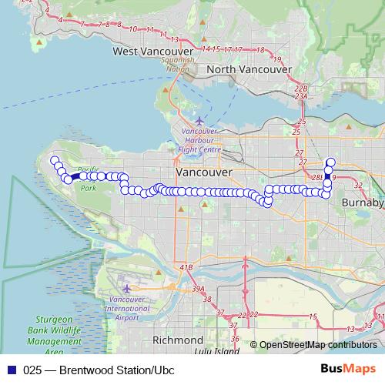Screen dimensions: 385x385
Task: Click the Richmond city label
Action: coord(178,340)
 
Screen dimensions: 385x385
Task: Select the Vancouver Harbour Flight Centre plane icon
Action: coord(200,120)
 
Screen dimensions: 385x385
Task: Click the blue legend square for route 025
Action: coord(11,369)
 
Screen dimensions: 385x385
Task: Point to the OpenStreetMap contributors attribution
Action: coord(318,345)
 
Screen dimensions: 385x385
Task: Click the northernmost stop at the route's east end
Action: coord(331,162)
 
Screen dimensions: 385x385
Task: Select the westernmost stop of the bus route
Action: coord(54,160)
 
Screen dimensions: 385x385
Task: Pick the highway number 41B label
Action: coord(186,267)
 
